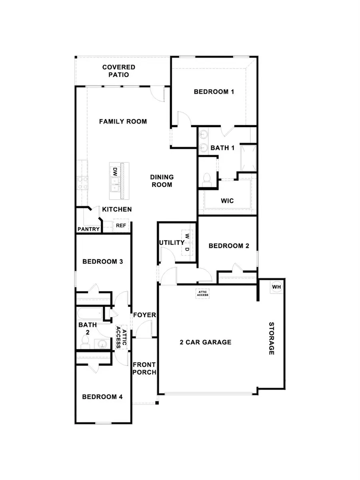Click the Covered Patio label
(118, 71)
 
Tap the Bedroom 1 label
(214, 92)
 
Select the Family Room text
(123, 121)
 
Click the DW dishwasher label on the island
(114, 172)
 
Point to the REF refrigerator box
(121, 226)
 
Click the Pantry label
(88, 229)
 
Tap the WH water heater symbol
(276, 287)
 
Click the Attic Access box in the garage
(202, 293)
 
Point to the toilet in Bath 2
(85, 341)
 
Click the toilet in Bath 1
(207, 179)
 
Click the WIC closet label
(227, 200)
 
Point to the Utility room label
(171, 243)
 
